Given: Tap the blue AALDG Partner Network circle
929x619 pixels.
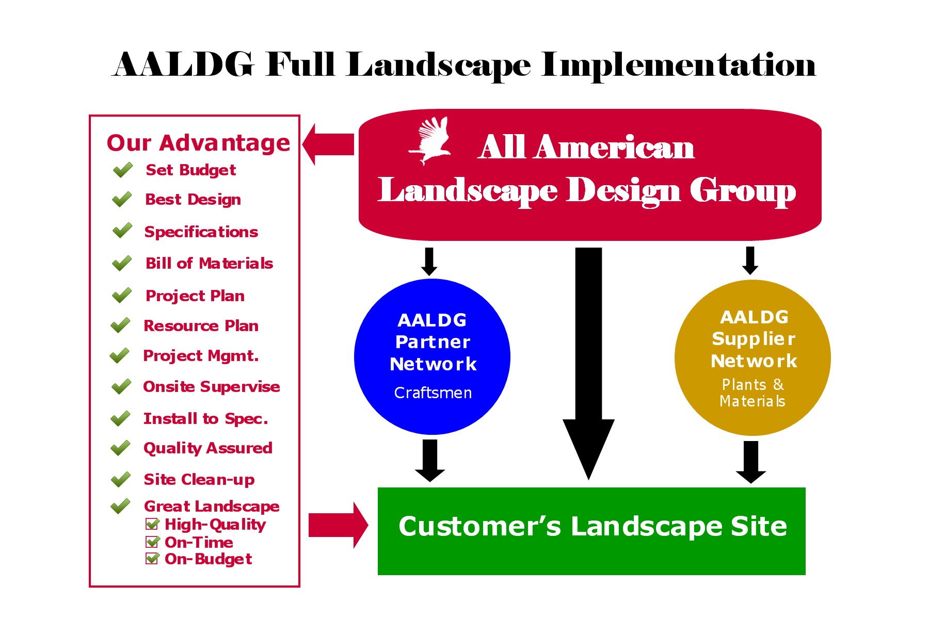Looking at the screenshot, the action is [x=432, y=357].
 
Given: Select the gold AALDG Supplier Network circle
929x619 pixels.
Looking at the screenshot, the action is [x=752, y=358].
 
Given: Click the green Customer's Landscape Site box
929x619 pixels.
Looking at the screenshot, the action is [x=591, y=531].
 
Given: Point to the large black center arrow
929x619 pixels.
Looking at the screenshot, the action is [x=588, y=364].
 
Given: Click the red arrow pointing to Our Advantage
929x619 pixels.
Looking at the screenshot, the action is [x=328, y=144].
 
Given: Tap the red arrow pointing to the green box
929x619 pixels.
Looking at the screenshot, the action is [x=339, y=525].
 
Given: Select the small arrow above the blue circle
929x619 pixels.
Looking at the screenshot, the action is [x=429, y=262].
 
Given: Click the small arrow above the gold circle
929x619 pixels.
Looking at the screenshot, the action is [x=750, y=260].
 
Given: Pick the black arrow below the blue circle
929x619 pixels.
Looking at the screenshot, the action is [x=430, y=461].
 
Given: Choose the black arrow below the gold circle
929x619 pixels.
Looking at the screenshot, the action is [x=751, y=462].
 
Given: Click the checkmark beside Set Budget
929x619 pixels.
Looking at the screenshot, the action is [x=123, y=170].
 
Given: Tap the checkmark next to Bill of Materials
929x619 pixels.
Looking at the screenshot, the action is [x=122, y=263].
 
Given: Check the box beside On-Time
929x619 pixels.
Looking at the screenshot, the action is [x=153, y=542].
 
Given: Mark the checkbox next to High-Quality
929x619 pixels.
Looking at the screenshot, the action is [x=153, y=524].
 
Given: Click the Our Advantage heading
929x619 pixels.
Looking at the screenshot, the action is [x=199, y=143].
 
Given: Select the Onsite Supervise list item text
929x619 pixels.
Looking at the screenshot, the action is [x=212, y=386].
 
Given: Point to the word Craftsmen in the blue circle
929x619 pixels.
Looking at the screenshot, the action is [x=433, y=393].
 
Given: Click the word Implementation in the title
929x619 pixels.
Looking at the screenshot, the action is [x=678, y=66].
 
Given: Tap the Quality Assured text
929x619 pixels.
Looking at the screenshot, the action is [x=208, y=448].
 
